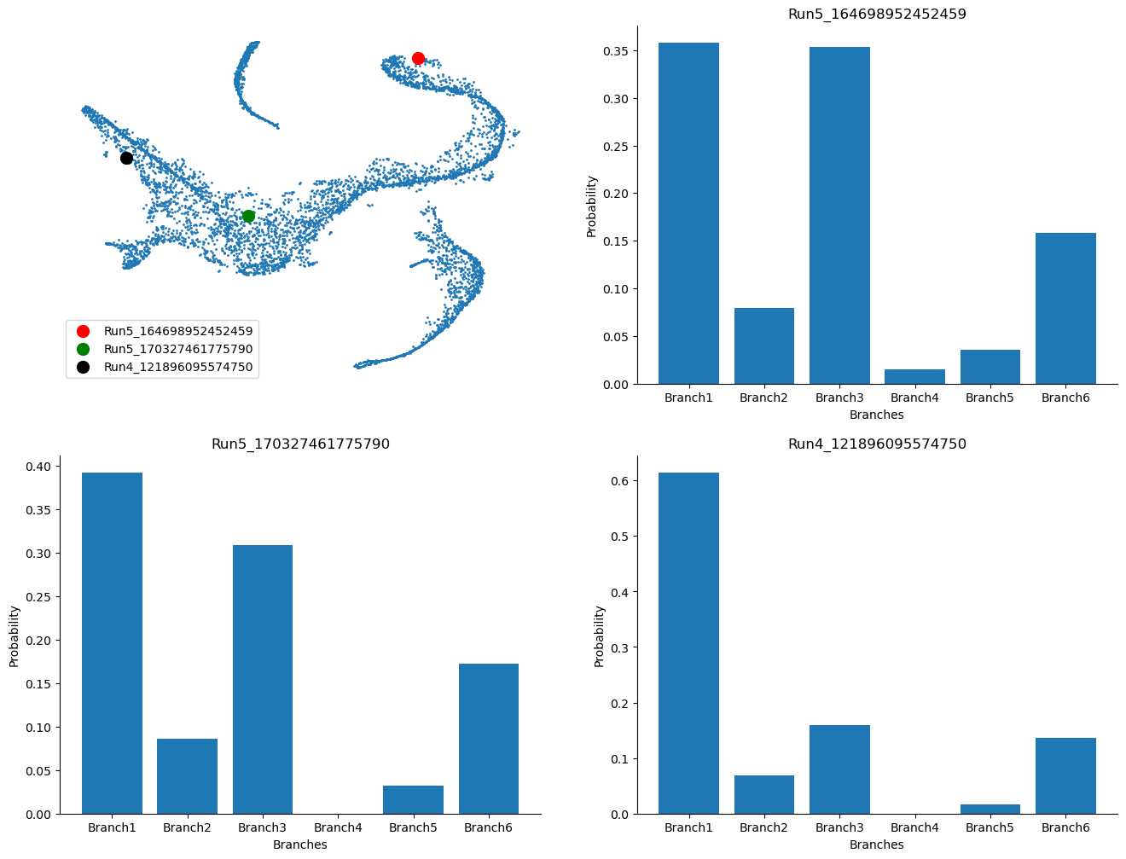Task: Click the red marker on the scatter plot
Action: tap(418, 58)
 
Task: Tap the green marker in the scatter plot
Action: tap(248, 216)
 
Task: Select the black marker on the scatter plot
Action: tap(126, 158)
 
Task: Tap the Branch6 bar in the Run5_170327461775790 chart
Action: tap(488, 739)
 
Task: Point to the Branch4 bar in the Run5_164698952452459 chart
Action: tap(914, 377)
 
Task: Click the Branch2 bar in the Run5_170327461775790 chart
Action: tap(187, 776)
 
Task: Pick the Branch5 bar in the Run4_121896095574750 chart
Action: tap(990, 809)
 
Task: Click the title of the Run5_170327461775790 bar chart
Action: tap(300, 444)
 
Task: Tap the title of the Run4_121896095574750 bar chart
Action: tap(877, 444)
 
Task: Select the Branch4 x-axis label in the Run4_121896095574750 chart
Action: tap(914, 827)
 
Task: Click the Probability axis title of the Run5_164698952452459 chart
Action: tap(591, 206)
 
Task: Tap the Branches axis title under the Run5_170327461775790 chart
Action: tap(300, 844)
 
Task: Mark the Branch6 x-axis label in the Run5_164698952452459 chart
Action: tap(1065, 398)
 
